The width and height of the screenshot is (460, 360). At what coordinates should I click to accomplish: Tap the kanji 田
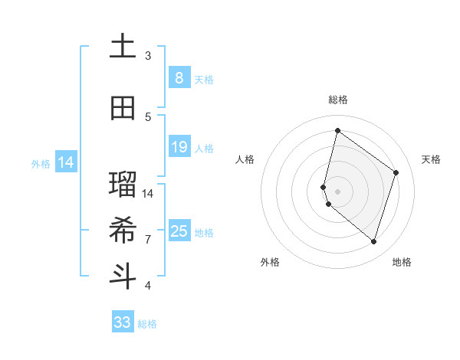123,108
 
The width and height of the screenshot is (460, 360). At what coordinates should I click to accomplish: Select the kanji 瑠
123,184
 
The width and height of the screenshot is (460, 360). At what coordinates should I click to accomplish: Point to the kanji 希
123,230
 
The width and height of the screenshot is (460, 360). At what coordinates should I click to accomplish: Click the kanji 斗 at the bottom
123,276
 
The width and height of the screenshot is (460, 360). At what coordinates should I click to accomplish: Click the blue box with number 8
179,77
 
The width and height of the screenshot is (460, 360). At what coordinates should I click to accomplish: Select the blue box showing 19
179,146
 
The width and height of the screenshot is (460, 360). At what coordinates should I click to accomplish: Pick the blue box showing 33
123,322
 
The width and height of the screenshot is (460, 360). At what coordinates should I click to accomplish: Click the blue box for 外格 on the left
65,162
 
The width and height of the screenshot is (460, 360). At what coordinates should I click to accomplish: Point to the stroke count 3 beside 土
148,56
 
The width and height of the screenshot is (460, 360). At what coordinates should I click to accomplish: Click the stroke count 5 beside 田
148,116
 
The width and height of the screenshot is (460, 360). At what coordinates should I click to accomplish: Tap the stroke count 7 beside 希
148,239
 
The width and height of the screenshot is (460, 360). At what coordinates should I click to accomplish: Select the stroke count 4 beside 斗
148,286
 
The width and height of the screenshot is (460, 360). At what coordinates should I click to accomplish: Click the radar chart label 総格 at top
337,100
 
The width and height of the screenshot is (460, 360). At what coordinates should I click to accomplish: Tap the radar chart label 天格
431,159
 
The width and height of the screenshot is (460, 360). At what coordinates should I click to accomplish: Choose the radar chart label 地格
402,262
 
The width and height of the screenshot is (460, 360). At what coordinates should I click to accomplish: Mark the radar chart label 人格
245,159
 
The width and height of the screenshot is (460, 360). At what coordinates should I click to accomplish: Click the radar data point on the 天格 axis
396,172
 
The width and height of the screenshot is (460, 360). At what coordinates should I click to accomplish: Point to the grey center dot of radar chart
337,191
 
